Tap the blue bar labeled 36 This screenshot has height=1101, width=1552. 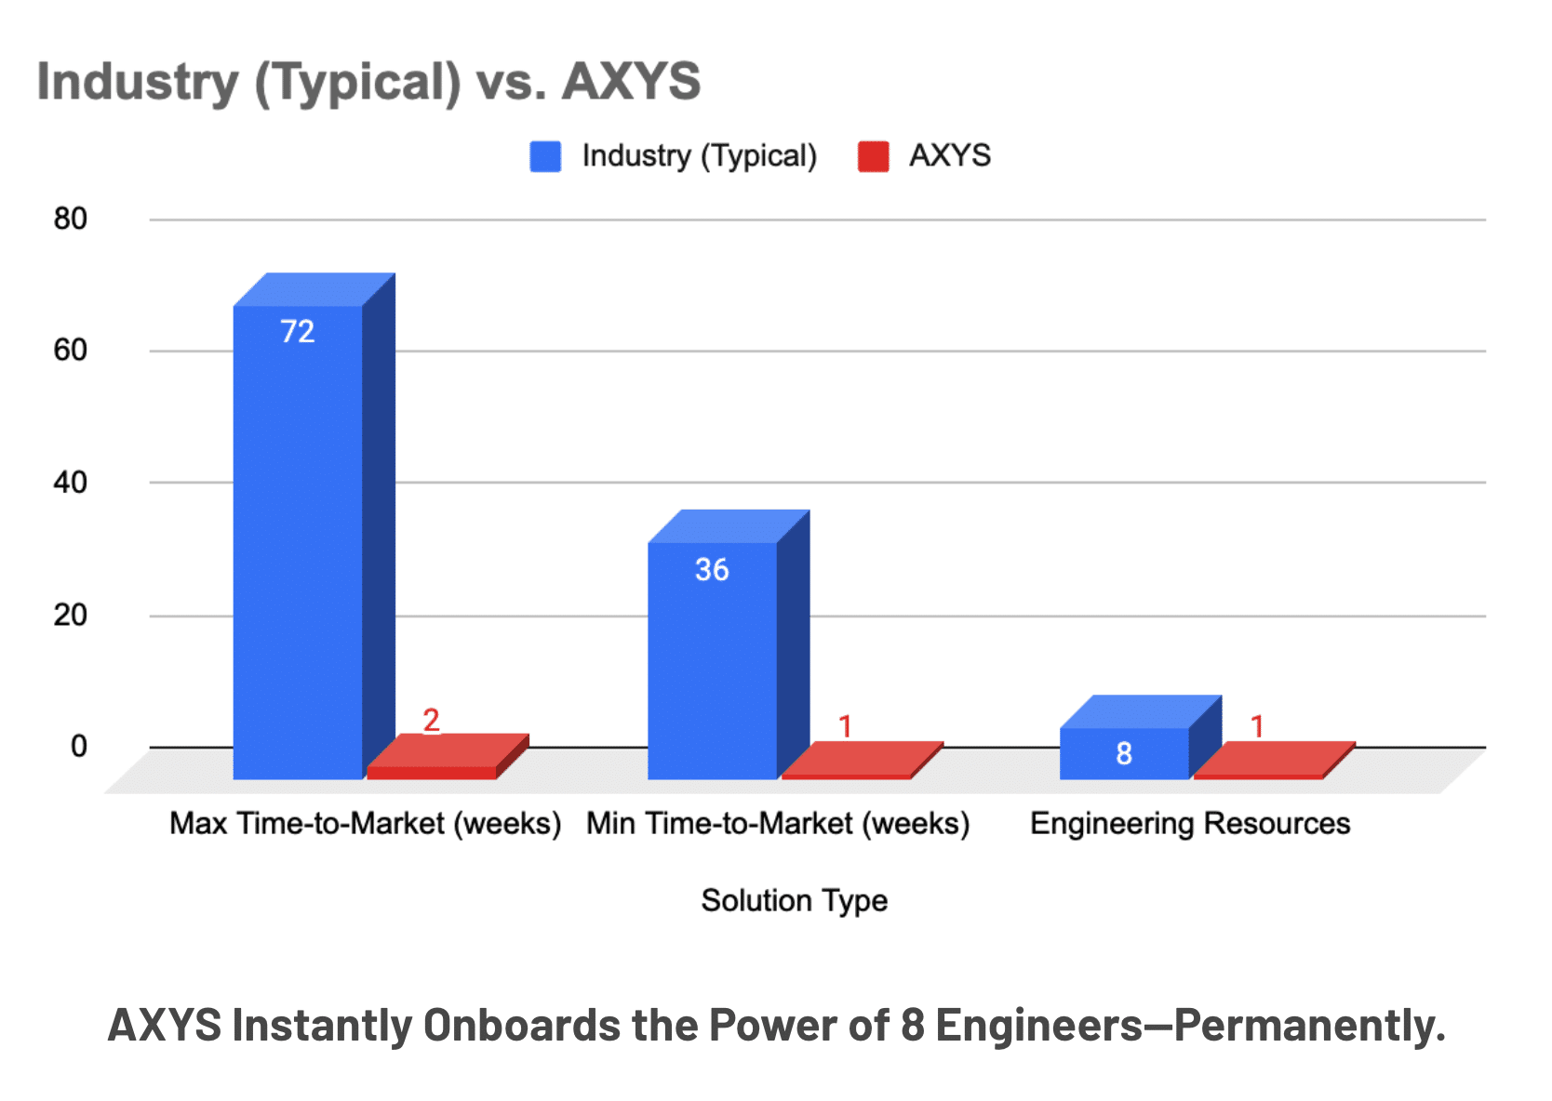tap(712, 660)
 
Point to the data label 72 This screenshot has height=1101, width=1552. tap(298, 332)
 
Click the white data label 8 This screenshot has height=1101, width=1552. tap(1124, 753)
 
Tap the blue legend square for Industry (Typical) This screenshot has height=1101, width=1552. tap(545, 156)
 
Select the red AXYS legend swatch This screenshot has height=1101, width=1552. tap(873, 156)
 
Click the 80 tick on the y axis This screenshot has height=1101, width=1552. tap(70, 219)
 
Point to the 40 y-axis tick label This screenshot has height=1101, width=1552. tap(70, 483)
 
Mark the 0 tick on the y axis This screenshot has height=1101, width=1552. tap(79, 746)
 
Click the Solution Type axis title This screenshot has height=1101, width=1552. tap(794, 900)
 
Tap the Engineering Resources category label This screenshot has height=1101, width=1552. tap(1189, 823)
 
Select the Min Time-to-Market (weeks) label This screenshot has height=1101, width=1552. tap(778, 823)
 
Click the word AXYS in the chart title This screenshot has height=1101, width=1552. tap(631, 81)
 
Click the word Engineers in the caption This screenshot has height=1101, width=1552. tap(1038, 1025)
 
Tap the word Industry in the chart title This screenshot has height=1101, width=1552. tap(138, 81)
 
